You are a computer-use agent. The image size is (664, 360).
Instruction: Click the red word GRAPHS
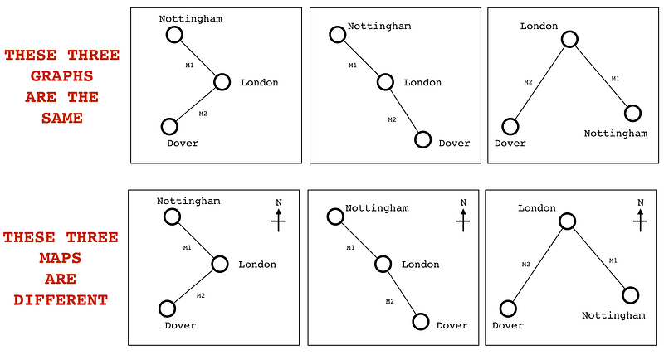61,76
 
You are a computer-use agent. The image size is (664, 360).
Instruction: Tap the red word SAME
61,118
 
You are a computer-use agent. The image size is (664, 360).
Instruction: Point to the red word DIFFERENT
61,299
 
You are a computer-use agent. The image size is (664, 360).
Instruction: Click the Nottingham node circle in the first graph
173,34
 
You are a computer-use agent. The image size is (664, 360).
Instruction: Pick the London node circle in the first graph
222,81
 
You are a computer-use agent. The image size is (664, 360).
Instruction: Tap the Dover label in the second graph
454,143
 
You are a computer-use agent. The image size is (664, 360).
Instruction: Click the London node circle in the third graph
569,39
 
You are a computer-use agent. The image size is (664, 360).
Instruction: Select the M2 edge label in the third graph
528,81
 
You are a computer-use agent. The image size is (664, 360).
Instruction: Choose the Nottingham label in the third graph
615,133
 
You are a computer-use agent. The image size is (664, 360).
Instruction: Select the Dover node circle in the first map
167,309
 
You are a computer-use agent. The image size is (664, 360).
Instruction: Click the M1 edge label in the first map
187,247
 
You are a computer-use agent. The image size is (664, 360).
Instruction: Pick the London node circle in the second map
383,264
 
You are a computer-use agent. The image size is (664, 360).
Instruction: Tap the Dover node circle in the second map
420,321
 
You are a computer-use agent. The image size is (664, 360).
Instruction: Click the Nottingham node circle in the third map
630,294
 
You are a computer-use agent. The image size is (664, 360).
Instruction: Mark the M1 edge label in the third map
613,260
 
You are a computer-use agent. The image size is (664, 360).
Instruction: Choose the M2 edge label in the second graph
393,119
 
